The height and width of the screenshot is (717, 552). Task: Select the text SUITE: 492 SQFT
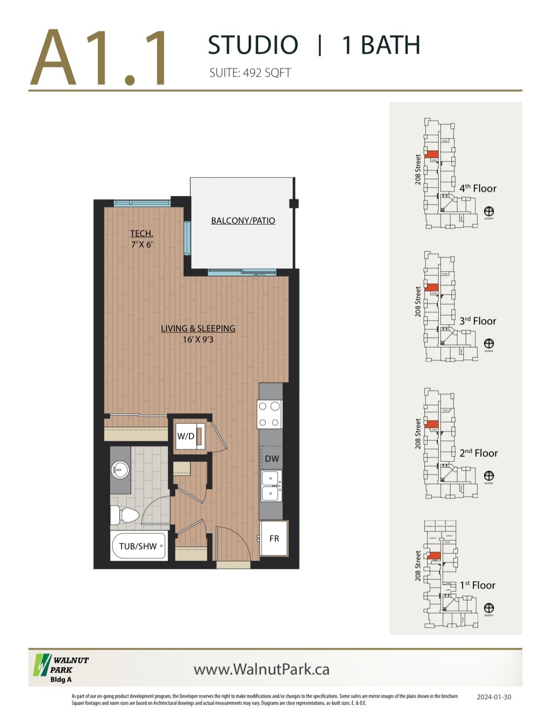click(x=250, y=73)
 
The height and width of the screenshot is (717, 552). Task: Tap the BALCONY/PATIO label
click(x=243, y=221)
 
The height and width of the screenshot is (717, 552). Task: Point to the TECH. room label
click(x=141, y=233)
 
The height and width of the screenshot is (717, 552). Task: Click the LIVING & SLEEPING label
click(x=198, y=328)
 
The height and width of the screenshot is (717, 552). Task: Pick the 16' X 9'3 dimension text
click(x=198, y=340)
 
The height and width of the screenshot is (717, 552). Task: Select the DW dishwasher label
click(x=272, y=458)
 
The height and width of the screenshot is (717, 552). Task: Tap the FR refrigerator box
click(x=274, y=539)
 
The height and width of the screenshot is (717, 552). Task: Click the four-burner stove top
click(x=270, y=414)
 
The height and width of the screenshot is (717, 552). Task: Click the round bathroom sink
click(x=120, y=470)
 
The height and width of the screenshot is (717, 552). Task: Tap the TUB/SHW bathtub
click(x=138, y=546)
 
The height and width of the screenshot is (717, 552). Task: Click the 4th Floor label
click(x=478, y=189)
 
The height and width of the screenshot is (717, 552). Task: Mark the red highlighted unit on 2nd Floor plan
click(x=432, y=424)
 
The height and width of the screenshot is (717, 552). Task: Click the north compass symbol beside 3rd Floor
click(x=489, y=344)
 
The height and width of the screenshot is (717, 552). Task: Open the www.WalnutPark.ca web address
click(x=262, y=669)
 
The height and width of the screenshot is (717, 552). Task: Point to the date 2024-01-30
click(x=494, y=697)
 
